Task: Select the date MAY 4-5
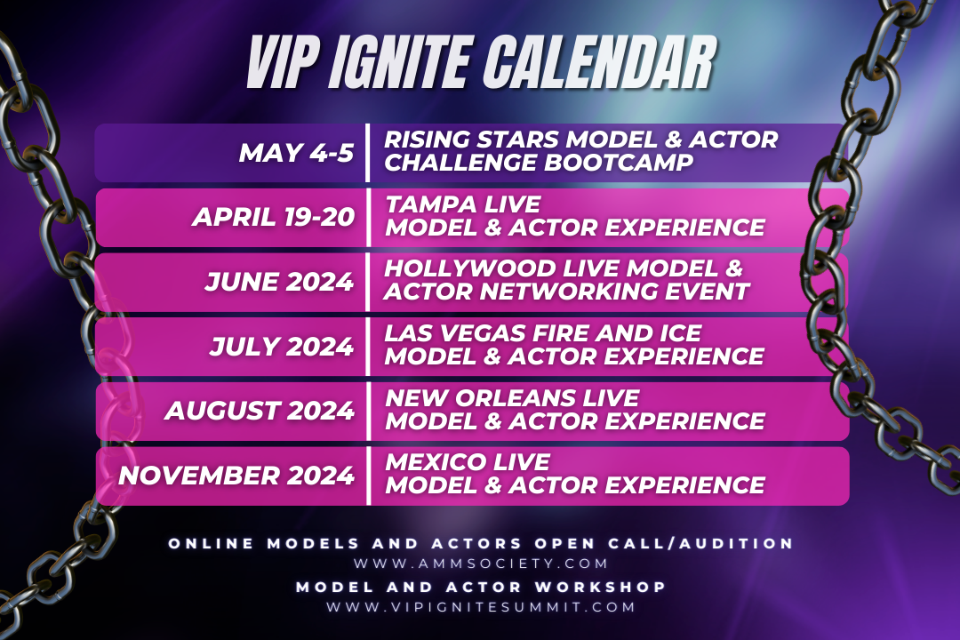[296, 152]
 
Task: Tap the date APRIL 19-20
[273, 217]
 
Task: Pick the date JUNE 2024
[279, 282]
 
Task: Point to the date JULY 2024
[282, 346]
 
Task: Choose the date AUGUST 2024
[260, 410]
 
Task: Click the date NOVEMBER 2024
[236, 475]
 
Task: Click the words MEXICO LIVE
[468, 462]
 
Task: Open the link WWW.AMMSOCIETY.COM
[481, 564]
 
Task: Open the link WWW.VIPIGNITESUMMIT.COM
[481, 607]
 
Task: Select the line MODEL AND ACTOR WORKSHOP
[481, 587]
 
